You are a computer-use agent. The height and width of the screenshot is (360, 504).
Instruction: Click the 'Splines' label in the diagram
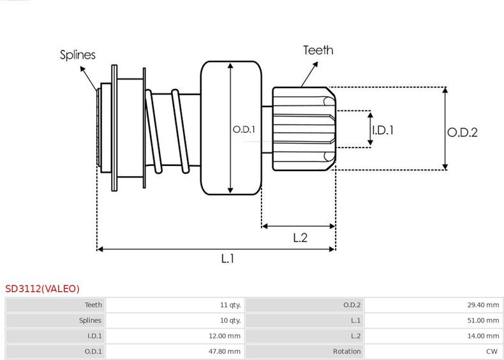click(x=78, y=55)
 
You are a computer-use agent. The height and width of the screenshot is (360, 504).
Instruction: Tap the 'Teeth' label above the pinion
click(x=318, y=50)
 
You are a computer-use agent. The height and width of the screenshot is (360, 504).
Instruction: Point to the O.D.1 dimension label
click(x=244, y=130)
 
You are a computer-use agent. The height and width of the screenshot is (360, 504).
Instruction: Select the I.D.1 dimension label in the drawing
click(x=383, y=130)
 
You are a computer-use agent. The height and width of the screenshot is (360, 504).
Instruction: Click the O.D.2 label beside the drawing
click(x=462, y=133)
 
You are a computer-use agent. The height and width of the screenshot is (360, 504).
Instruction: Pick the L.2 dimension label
click(x=300, y=238)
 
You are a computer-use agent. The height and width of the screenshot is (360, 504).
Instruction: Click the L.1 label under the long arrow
click(x=228, y=259)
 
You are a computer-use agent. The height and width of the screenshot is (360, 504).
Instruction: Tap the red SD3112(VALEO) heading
click(x=43, y=289)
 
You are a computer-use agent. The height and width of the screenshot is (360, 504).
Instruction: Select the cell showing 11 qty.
click(x=230, y=305)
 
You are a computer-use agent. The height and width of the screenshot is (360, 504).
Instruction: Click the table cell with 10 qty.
click(x=230, y=320)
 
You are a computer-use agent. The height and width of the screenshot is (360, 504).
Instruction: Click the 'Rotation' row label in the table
click(x=347, y=351)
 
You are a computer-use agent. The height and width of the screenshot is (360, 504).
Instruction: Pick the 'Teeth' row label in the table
click(x=93, y=305)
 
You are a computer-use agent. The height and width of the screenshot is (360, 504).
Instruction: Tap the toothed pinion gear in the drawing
click(x=303, y=129)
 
